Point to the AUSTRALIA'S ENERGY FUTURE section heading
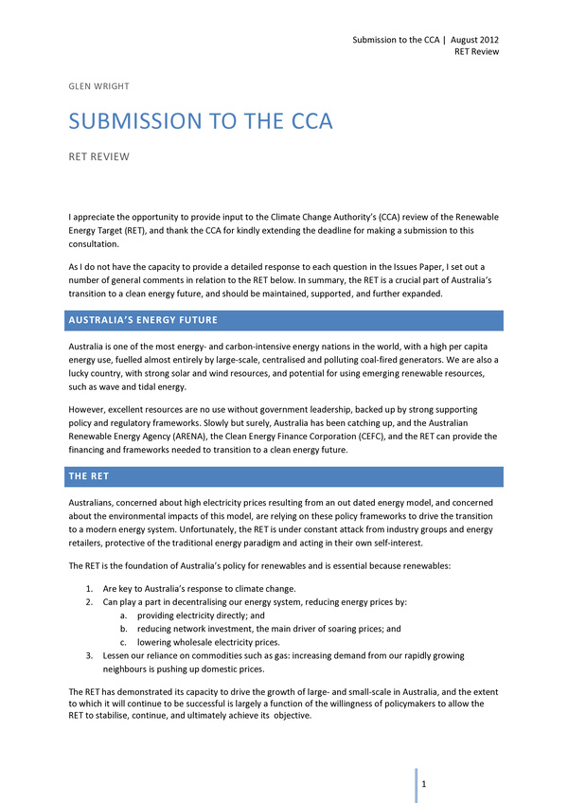(x=143, y=320)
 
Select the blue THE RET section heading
(x=92, y=476)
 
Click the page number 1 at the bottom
(x=426, y=785)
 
